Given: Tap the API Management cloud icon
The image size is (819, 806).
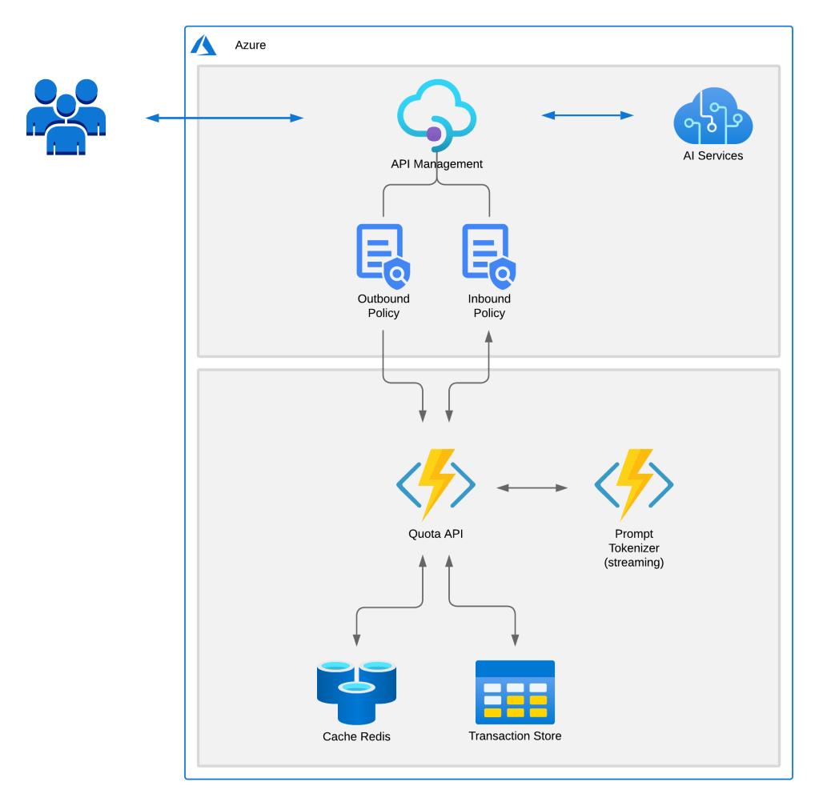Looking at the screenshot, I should (x=436, y=115).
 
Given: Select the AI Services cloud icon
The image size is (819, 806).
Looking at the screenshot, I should (x=713, y=116).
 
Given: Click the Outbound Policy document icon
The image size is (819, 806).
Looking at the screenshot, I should (x=383, y=255).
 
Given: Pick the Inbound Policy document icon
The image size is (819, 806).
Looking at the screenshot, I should (x=488, y=255).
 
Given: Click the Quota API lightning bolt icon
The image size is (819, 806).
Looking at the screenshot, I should (x=436, y=484).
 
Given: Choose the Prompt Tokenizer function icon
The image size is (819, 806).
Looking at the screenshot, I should (x=633, y=484).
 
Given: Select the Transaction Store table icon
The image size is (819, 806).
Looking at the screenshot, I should (x=515, y=689).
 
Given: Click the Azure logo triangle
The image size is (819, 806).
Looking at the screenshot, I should (x=203, y=46).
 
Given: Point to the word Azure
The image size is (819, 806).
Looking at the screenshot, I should (x=250, y=46).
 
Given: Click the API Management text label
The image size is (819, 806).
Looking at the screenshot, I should (x=436, y=164).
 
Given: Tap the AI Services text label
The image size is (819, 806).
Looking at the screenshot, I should (x=713, y=156).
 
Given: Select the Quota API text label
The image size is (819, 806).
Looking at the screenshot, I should (x=436, y=534).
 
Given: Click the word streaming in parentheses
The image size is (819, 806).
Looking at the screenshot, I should (x=633, y=563).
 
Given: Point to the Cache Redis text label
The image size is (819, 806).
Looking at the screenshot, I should (x=356, y=736).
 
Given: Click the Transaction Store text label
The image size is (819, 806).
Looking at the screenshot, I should (x=515, y=736).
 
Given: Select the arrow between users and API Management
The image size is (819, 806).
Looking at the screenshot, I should (x=225, y=118).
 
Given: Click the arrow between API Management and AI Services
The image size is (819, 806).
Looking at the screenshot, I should (x=588, y=115).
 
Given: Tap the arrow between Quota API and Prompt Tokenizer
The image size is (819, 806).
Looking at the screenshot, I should (x=532, y=487).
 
